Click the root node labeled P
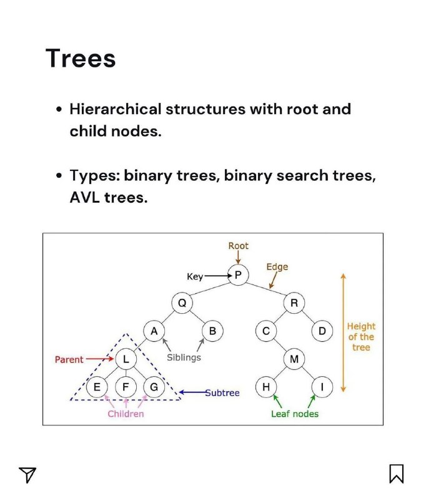(x=238, y=275)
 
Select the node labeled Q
(x=182, y=303)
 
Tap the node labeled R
(x=294, y=303)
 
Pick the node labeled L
(x=126, y=359)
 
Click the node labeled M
(x=294, y=359)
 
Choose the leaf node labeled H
(x=266, y=387)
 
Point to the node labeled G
(x=154, y=387)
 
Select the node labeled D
(x=322, y=331)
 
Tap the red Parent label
(x=69, y=360)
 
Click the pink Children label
(x=126, y=414)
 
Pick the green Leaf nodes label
(x=295, y=414)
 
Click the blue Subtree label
(x=222, y=393)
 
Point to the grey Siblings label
(x=184, y=357)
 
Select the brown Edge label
(x=277, y=267)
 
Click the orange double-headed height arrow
(x=343, y=332)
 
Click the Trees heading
(x=81, y=58)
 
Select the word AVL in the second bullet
(x=85, y=197)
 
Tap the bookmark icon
(x=397, y=473)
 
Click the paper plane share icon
(x=27, y=475)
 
